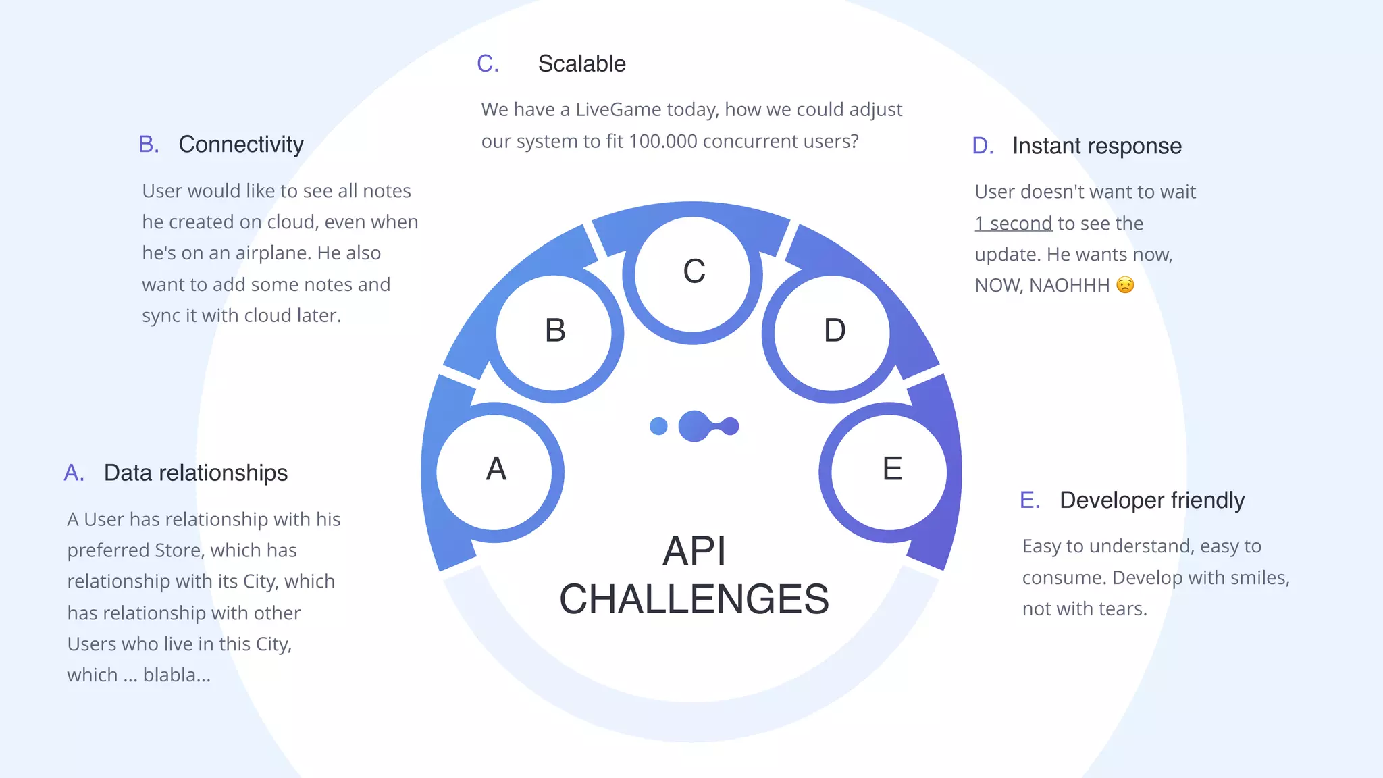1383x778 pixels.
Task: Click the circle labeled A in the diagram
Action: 495,471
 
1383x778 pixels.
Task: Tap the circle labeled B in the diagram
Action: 554,332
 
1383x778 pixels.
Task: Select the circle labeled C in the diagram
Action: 693,274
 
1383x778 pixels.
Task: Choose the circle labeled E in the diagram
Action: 889,471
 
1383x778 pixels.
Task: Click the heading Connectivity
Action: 241,145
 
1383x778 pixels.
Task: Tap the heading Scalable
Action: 581,64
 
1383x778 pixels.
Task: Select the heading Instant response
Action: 1097,146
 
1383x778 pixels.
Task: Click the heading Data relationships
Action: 196,473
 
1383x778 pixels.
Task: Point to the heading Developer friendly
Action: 1151,500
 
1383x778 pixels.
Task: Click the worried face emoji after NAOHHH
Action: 1125,285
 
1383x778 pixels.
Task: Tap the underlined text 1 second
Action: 1013,224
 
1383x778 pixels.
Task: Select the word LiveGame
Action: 618,109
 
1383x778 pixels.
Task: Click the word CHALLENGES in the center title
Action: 694,599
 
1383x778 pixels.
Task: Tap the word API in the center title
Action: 694,551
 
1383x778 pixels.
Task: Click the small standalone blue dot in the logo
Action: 658,426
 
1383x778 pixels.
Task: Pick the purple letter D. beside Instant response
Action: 983,146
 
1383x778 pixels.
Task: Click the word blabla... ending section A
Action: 177,675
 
